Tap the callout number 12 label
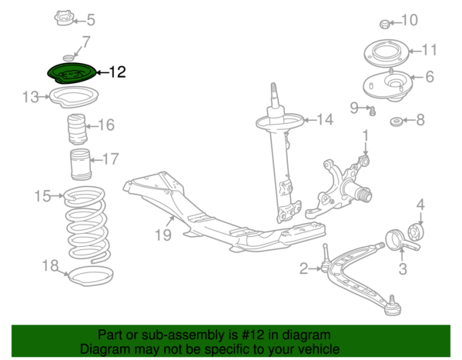[x=117, y=73]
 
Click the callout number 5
[x=92, y=20]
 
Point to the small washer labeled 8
[x=396, y=121]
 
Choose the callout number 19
[x=162, y=235]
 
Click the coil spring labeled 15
[x=85, y=223]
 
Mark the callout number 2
[x=303, y=268]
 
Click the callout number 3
[x=402, y=269]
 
